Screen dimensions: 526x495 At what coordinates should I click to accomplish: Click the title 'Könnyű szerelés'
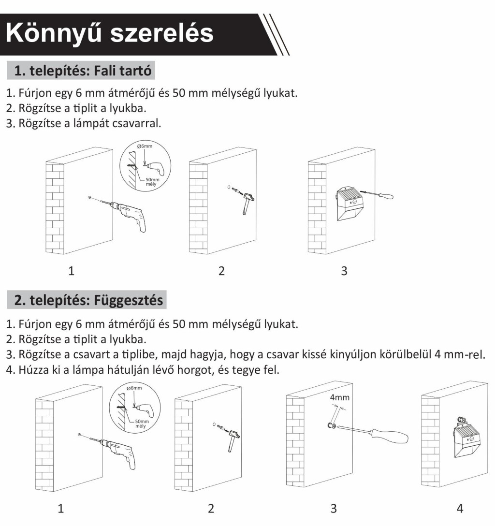point(110,33)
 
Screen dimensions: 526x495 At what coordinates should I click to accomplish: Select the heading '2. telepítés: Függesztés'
point(88,300)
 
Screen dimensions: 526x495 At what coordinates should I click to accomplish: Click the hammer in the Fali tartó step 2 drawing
point(248,202)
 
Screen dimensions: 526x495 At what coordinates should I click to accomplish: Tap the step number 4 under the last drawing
point(460,508)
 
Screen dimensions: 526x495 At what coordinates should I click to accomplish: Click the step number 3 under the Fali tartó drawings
point(344,271)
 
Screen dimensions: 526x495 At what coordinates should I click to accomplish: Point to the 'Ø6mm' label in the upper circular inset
point(145,146)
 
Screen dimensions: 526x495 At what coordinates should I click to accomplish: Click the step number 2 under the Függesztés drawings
point(211,508)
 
